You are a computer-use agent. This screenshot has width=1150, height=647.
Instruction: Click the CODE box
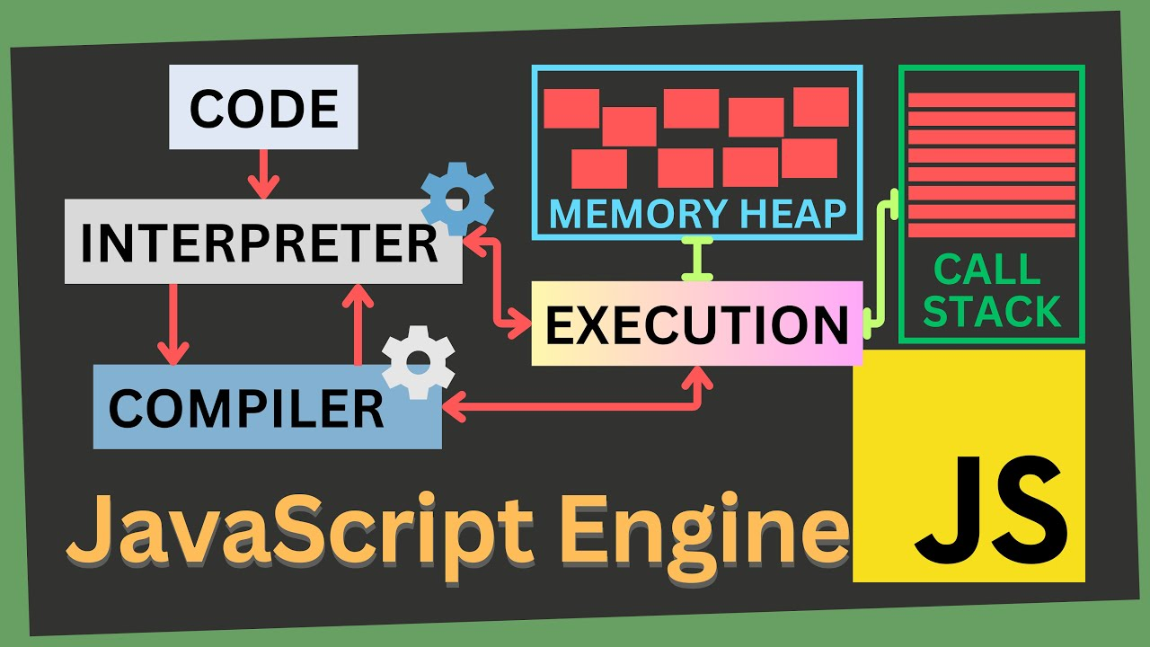[x=263, y=107]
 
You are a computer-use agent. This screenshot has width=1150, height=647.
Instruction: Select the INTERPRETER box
[x=261, y=242]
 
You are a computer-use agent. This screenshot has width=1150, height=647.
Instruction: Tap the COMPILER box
[x=247, y=409]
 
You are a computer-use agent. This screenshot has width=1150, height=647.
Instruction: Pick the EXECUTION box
[x=696, y=323]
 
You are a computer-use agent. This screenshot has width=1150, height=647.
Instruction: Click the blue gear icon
[x=457, y=198]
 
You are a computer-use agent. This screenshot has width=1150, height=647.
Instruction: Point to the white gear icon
[x=418, y=362]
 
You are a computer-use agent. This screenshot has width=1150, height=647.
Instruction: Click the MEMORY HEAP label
[x=697, y=214]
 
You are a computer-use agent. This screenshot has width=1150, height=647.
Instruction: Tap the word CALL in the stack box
[x=986, y=269]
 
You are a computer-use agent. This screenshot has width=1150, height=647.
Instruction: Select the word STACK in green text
[x=992, y=311]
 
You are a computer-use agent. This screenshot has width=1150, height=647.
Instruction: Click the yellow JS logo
[x=969, y=465]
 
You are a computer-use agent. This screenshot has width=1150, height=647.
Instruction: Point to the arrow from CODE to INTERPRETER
[x=263, y=173]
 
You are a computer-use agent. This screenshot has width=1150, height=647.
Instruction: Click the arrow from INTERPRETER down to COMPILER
[x=172, y=323]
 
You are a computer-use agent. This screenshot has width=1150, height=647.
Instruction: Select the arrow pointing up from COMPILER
[x=358, y=323]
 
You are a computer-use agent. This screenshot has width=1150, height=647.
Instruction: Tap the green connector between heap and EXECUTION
[x=697, y=260]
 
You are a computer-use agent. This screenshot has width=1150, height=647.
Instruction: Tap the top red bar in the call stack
[x=992, y=100]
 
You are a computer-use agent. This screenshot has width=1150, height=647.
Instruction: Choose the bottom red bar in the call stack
[x=992, y=230]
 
